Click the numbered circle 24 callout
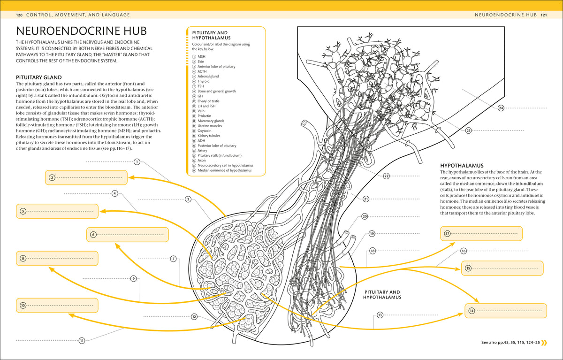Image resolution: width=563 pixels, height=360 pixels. [x=501, y=108]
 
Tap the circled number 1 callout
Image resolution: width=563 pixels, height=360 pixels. [x=137, y=161]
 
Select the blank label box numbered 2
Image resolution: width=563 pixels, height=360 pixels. [x=86, y=177]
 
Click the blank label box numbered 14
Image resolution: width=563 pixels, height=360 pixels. [x=506, y=311]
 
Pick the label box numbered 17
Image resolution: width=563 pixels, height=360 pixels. [x=481, y=234]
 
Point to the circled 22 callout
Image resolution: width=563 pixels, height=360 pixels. [x=386, y=176]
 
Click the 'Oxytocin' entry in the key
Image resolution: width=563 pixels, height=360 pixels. [x=205, y=131]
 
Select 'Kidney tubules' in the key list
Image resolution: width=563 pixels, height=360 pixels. [x=209, y=136]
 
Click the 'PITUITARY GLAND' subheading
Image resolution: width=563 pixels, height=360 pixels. [x=38, y=77]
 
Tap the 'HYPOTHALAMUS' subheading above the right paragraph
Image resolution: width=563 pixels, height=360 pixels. [x=462, y=166]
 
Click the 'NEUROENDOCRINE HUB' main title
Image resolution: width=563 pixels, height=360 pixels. [x=81, y=31]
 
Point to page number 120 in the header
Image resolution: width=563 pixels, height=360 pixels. [x=19, y=15]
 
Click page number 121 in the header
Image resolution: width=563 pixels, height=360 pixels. [x=544, y=15]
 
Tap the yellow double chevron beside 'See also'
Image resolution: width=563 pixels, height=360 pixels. [x=544, y=343]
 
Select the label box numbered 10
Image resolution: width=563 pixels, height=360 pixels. [x=57, y=306]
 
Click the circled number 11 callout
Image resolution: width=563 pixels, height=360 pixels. [x=82, y=341]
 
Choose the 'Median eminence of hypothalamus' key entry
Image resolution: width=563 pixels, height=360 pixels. [x=224, y=170]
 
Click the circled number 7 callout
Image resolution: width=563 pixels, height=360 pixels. [x=173, y=259]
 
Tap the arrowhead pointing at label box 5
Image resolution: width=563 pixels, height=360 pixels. [x=102, y=211]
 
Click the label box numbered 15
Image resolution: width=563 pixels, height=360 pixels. [x=502, y=268]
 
